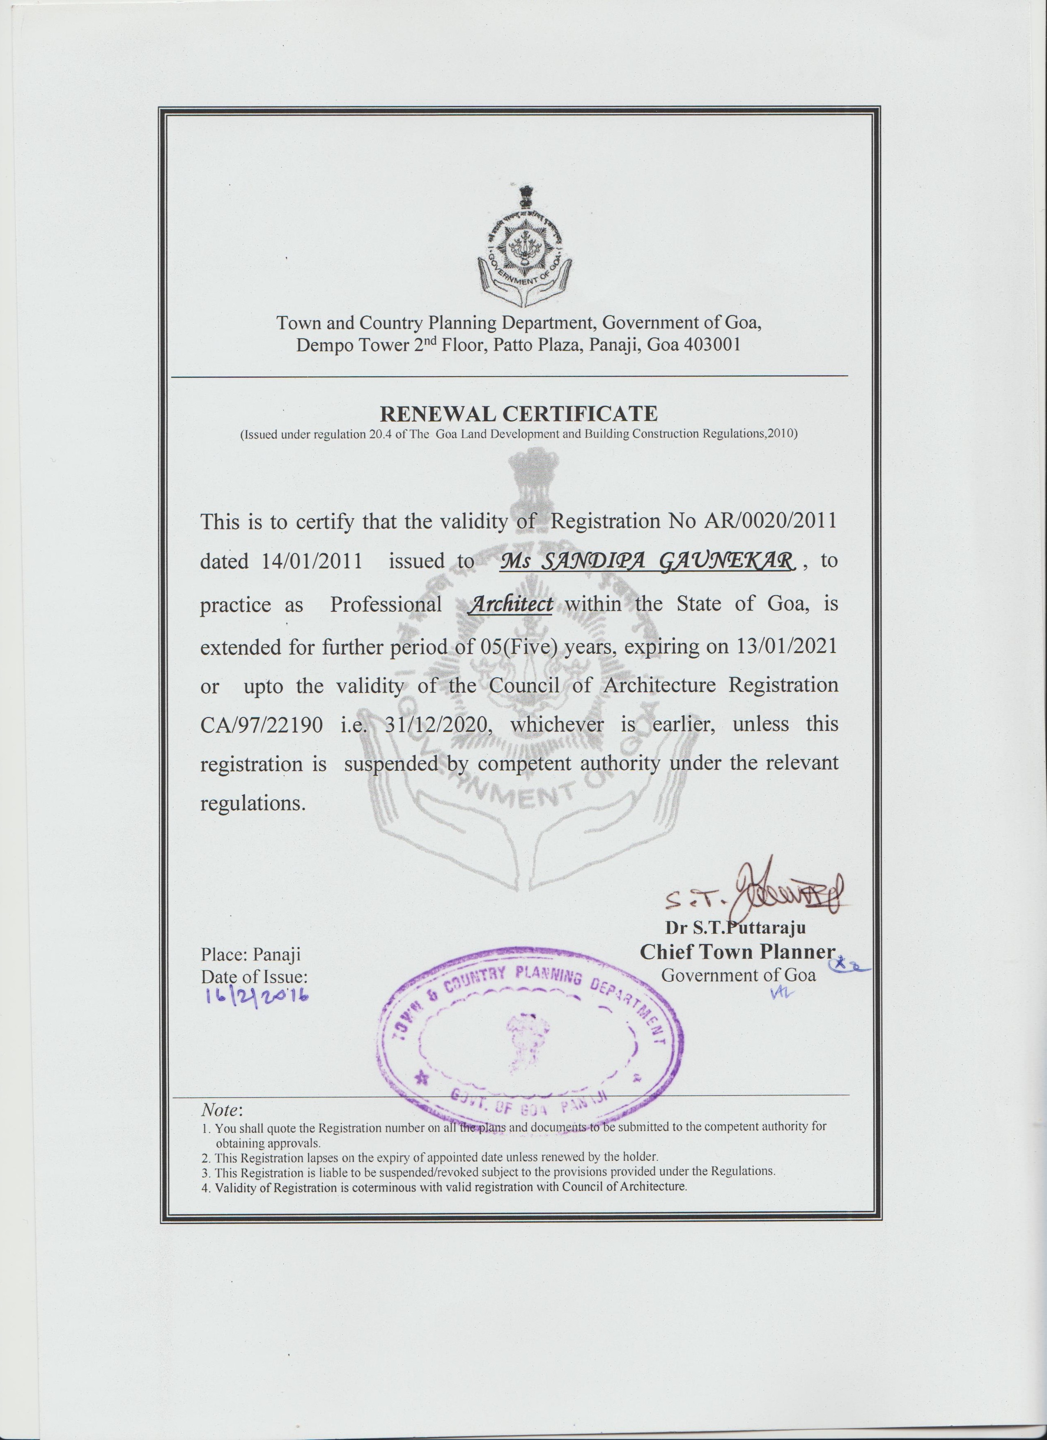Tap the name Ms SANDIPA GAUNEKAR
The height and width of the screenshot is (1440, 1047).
click(647, 560)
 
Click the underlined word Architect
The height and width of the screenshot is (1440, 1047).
click(510, 604)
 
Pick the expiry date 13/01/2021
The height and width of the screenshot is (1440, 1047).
click(786, 646)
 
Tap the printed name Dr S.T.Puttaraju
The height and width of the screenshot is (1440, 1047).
click(735, 928)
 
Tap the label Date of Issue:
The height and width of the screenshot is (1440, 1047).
click(254, 976)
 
